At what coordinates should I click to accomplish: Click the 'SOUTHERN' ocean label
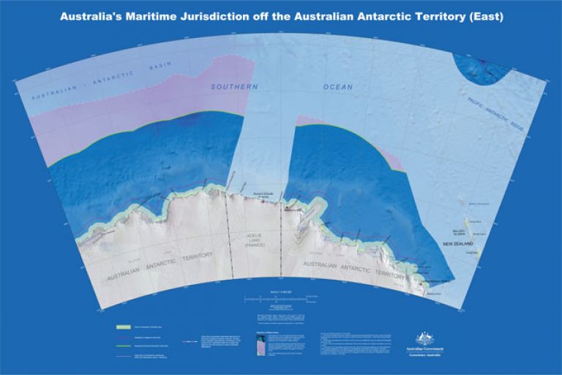[x=235, y=86]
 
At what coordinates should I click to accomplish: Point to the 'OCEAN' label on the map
[x=337, y=87]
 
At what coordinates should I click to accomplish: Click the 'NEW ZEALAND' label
[x=453, y=243]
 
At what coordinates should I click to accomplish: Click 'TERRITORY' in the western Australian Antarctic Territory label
[x=190, y=256]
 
